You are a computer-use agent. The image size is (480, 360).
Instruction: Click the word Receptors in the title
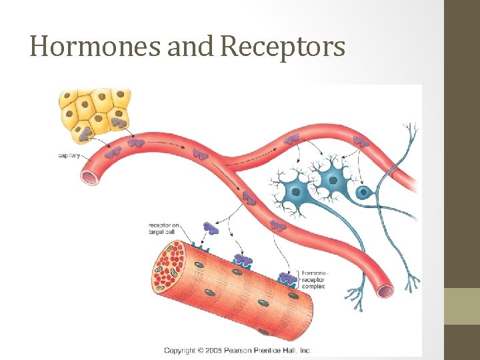(x=283, y=47)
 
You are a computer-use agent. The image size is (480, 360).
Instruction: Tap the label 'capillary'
(x=69, y=155)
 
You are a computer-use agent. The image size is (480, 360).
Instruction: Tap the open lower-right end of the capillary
(x=385, y=291)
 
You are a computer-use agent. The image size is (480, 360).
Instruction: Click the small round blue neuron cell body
(x=363, y=193)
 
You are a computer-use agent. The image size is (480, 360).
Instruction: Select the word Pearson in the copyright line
(x=249, y=350)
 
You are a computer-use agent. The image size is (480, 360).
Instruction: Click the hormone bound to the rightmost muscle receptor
(x=288, y=277)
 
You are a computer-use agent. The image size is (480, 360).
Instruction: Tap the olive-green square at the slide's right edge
(x=462, y=305)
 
